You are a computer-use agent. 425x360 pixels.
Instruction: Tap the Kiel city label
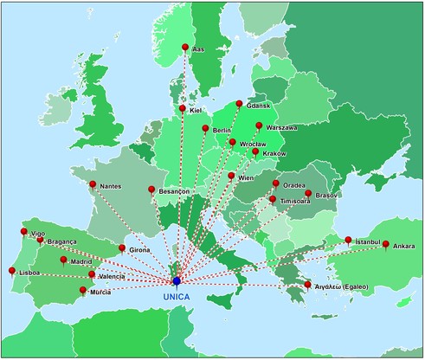pos(196,112)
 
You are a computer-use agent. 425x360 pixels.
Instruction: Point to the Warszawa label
pos(281,128)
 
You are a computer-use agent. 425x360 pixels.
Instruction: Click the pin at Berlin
pos(205,129)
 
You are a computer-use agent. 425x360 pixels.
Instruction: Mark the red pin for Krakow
pos(254,152)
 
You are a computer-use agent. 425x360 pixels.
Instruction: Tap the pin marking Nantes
pos(93,183)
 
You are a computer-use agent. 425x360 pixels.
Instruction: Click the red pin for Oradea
pos(276,183)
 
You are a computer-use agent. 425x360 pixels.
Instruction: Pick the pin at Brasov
pos(308,194)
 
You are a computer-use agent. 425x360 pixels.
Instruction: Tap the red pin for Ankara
pos(385,244)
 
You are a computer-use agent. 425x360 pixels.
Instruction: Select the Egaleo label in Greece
pos(341,285)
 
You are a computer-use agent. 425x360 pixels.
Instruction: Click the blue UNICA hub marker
pos(177,280)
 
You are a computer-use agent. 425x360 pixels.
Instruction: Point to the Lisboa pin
pos(12,271)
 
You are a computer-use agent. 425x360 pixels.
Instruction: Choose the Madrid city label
pos(81,260)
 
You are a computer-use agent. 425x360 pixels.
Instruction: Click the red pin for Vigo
pos(23,231)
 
